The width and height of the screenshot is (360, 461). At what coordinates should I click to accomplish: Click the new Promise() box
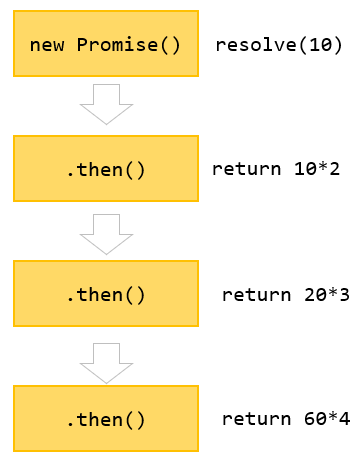click(105, 45)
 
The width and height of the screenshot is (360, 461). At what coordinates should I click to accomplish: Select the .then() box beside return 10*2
click(105, 169)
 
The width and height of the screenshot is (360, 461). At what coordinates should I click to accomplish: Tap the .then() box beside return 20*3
click(105, 294)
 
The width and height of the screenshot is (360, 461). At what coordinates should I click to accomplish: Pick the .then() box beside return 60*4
click(105, 419)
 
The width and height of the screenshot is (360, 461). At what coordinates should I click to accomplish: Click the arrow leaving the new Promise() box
click(105, 104)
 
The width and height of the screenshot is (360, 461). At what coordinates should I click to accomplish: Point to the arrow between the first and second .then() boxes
click(105, 232)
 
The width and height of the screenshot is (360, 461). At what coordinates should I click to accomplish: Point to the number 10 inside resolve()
click(318, 45)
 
